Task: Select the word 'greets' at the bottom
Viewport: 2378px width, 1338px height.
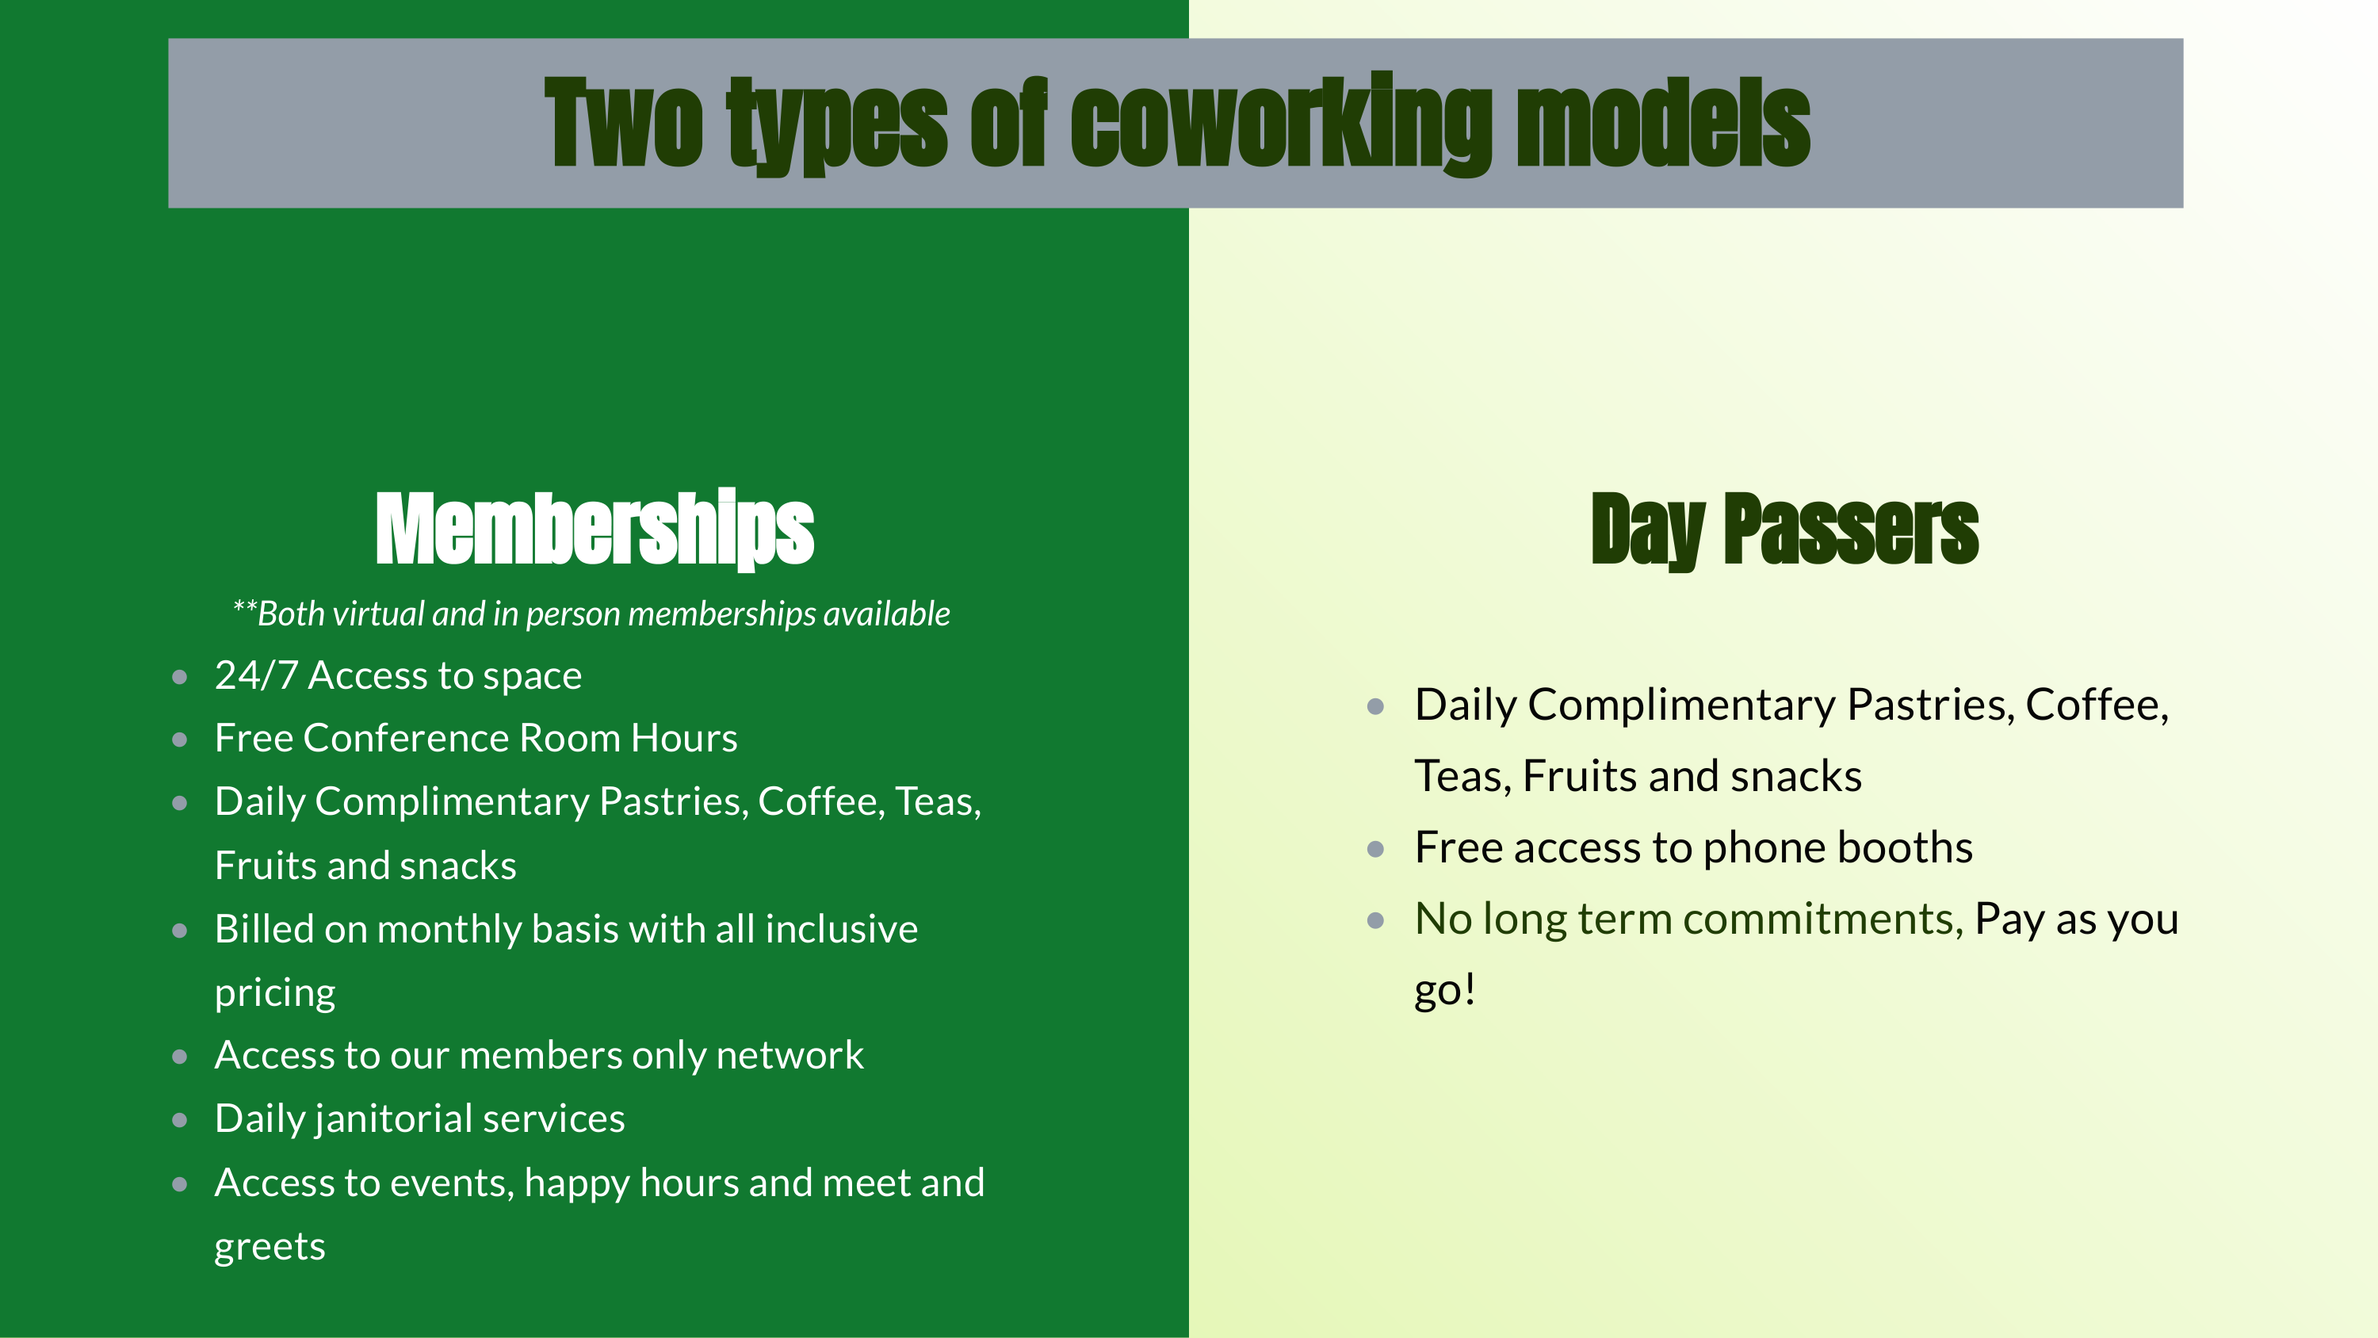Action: (x=270, y=1247)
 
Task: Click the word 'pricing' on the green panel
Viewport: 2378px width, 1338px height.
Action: (x=274, y=992)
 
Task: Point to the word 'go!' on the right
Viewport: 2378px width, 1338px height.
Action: (x=1445, y=990)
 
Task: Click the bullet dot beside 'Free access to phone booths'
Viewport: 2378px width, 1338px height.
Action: (x=1375, y=850)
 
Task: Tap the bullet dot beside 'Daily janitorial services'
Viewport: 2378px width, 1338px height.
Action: (x=180, y=1121)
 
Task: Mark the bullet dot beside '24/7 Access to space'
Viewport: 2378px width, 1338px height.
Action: (x=180, y=678)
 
